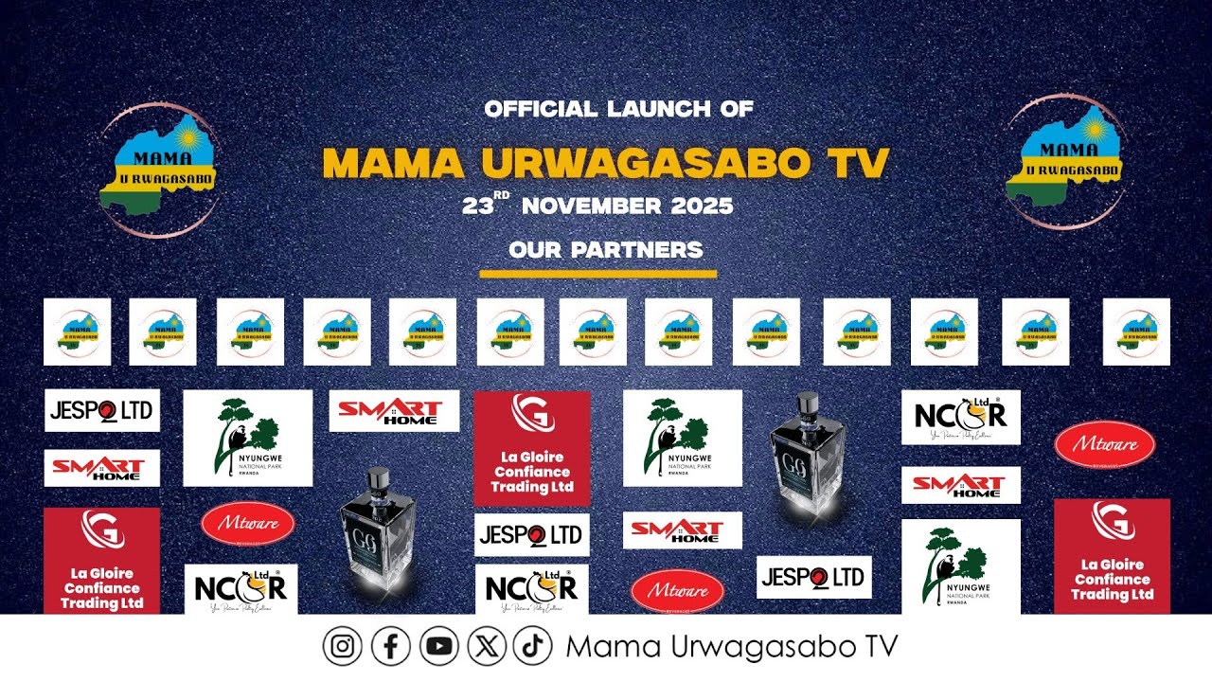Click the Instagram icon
tap(343, 647)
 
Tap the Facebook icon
tap(391, 647)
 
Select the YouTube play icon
tap(439, 647)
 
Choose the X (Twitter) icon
tap(487, 647)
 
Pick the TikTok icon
tap(532, 647)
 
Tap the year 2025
tap(702, 206)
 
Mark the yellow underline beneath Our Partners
tap(597, 275)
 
